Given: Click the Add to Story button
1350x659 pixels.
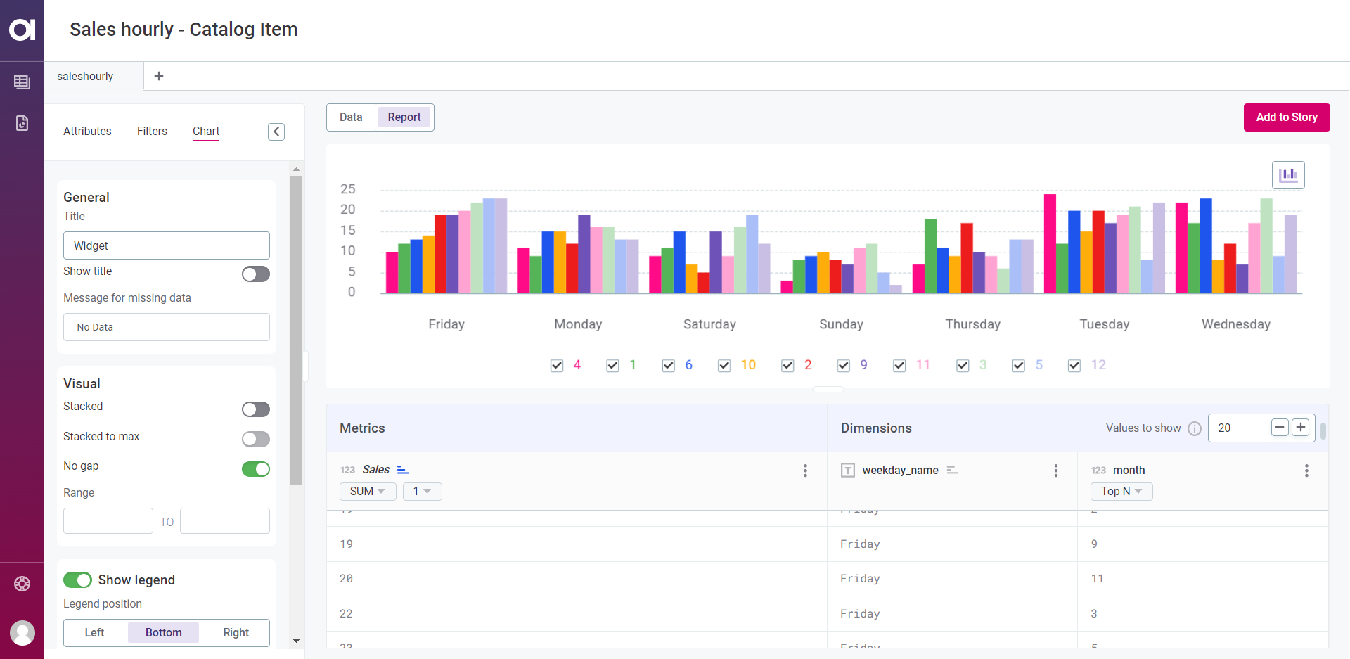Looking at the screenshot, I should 1286,117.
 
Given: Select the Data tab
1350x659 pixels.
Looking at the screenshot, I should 351,117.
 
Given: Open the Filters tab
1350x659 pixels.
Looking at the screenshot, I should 152,132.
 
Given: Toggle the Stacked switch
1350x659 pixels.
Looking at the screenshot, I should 255,409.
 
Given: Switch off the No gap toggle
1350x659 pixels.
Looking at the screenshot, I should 255,469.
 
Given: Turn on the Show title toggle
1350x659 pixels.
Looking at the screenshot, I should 255,274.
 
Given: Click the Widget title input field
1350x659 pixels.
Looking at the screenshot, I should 167,246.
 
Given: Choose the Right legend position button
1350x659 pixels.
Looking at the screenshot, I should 236,633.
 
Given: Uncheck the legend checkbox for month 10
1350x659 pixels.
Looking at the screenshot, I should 724,366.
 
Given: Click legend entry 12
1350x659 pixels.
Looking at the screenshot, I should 1098,365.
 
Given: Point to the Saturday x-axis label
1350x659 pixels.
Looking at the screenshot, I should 709,324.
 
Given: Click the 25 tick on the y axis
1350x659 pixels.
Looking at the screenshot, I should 348,189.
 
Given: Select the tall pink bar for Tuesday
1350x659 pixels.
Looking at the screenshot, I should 1050,243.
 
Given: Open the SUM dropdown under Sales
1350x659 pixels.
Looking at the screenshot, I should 367,492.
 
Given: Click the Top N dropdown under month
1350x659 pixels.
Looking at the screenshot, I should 1121,492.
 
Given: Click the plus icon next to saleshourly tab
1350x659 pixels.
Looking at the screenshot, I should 159,76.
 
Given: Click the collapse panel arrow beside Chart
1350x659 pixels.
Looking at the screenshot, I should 276,132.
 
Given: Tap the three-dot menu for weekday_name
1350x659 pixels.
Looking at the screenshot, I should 1055,471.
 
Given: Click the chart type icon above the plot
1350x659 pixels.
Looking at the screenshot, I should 1287,175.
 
